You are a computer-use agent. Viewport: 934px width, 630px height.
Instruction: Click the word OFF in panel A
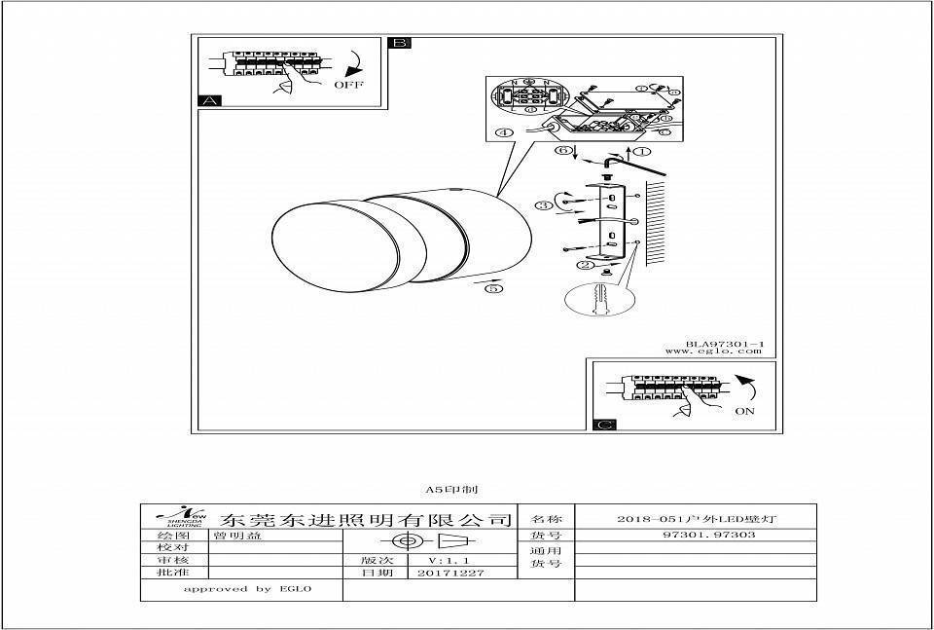(347, 85)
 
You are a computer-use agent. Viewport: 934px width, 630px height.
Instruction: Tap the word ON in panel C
(744, 411)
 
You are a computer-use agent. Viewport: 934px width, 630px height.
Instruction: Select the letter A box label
(209, 100)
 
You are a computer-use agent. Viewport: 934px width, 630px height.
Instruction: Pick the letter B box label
(400, 43)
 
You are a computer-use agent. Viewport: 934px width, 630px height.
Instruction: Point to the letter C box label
(603, 425)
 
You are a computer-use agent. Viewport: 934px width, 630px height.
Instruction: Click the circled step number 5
(494, 289)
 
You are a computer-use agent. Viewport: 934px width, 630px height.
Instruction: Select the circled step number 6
(561, 151)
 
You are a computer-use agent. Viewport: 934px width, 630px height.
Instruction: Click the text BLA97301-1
(725, 344)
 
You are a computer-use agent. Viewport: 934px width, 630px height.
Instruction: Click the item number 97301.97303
(695, 535)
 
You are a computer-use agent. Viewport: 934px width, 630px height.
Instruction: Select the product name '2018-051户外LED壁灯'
(695, 519)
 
